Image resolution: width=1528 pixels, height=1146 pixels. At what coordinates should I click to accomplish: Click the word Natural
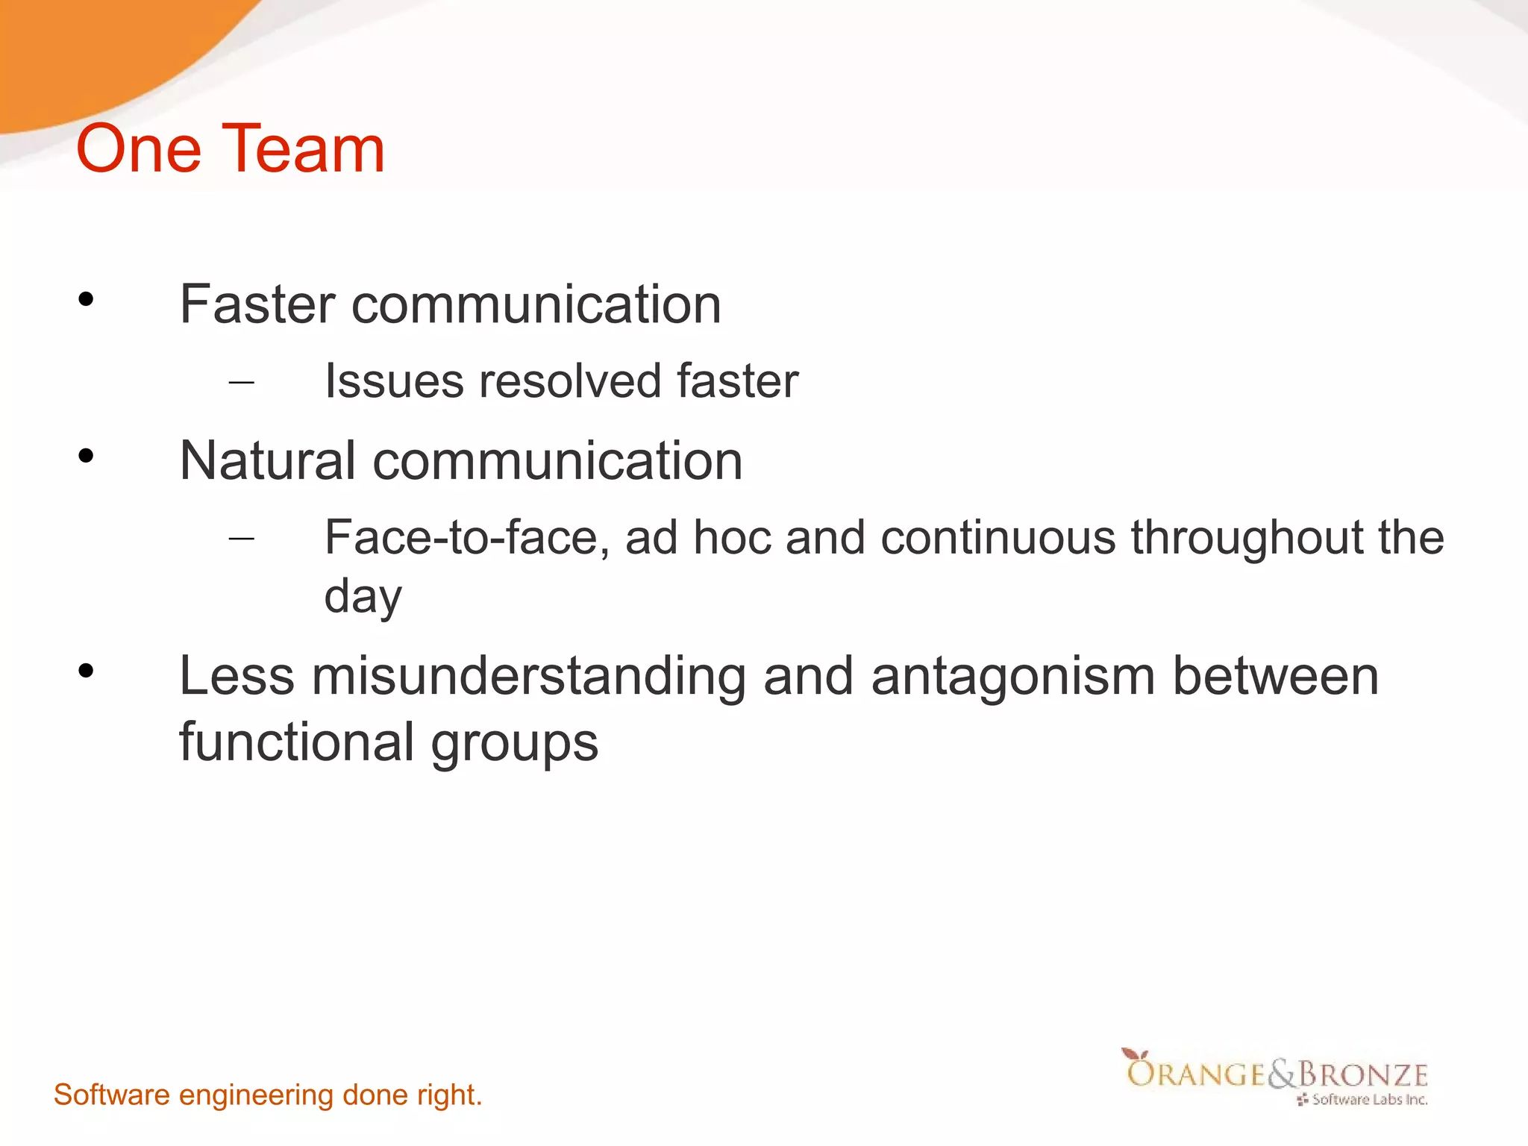(267, 460)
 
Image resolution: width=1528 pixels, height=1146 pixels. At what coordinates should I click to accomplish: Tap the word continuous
(998, 537)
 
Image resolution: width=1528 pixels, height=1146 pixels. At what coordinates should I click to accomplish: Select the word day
(363, 597)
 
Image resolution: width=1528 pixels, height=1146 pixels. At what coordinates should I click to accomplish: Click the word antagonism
(1012, 676)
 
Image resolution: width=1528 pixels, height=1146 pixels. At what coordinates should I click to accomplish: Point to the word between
(1275, 676)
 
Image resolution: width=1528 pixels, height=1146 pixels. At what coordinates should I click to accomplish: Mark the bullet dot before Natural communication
(86, 455)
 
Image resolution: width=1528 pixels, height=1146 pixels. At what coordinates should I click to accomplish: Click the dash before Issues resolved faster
(241, 383)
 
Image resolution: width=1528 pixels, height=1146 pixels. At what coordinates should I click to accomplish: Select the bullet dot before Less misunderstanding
(86, 671)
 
